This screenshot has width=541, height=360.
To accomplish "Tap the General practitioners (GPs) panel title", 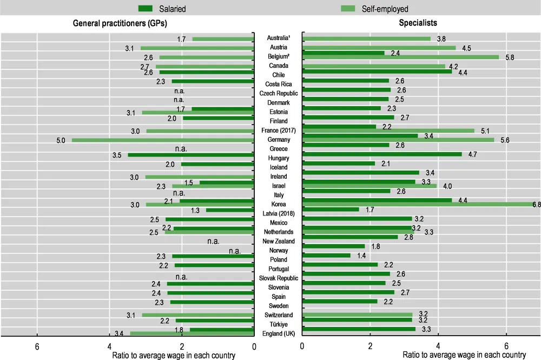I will (120, 23).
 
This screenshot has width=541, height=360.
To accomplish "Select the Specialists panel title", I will (418, 23).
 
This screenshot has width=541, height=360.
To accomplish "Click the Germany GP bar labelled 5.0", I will (163, 140).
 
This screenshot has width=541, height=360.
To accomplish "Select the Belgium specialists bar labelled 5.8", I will (400, 57).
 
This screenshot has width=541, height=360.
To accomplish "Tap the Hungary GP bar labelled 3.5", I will (191, 155).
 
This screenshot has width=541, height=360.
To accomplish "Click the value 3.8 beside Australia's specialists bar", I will (441, 39).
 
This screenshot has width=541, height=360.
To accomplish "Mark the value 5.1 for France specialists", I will (485, 130).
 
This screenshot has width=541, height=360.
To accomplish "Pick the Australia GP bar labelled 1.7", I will (223, 39).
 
